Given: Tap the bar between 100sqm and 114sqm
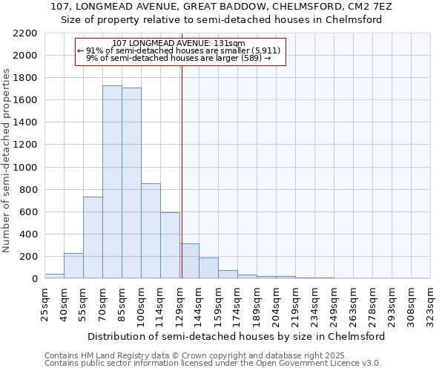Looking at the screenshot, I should coord(151,231).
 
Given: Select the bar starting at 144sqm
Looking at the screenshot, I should coord(208,268).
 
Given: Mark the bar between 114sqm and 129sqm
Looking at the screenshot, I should coord(170,245).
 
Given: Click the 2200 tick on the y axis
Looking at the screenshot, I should coord(25,33).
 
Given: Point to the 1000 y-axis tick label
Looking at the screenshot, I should coord(25,168).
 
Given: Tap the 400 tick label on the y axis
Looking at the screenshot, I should coord(28,234).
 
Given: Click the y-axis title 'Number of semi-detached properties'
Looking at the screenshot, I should coord(7,160).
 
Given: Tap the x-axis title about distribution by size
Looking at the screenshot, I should coord(237,336).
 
